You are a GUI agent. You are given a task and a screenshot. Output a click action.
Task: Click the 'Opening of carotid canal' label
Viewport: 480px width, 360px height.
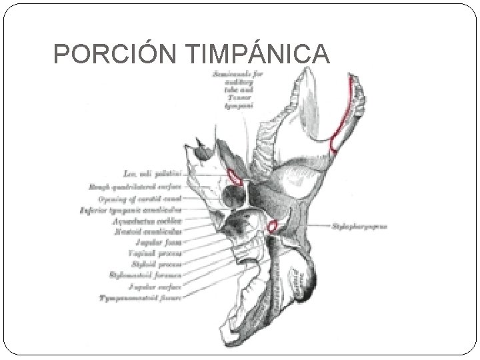139,199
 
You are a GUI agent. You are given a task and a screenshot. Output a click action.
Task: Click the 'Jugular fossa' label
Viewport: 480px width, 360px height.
158,241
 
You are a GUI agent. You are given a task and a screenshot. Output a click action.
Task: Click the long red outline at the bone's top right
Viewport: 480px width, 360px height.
344,113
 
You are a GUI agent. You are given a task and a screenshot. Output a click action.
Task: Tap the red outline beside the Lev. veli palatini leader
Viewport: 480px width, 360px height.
234,177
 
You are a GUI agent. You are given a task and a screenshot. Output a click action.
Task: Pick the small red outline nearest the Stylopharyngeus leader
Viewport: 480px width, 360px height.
272,227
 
